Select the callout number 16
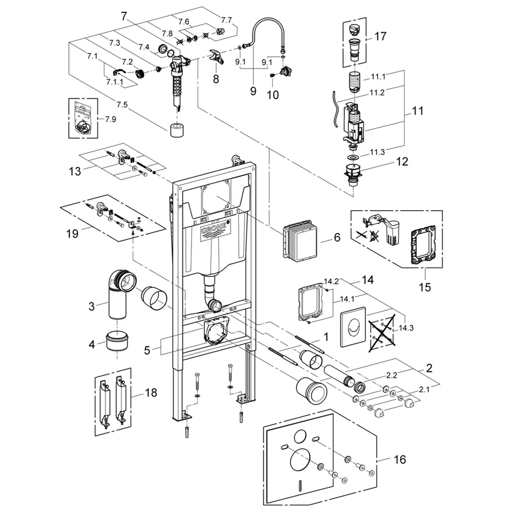(x=400, y=459)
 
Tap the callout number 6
(x=337, y=237)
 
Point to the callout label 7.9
(x=111, y=119)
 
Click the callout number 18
(x=151, y=392)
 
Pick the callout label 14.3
(x=406, y=328)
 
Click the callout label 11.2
(x=377, y=92)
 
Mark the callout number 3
(x=92, y=306)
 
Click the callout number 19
(x=72, y=234)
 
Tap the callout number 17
(x=380, y=36)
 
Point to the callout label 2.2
(x=391, y=375)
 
